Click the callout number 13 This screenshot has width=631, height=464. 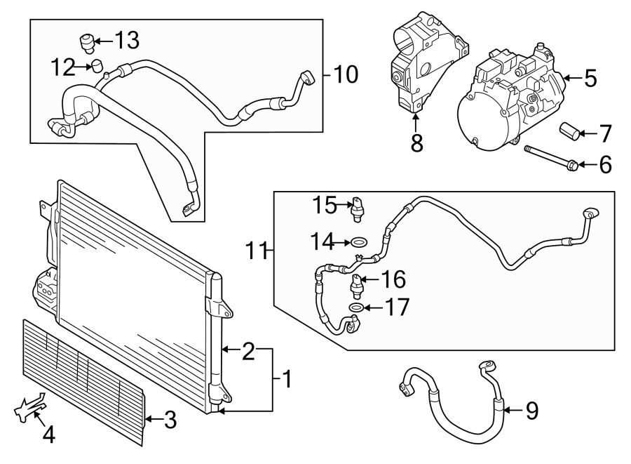(x=127, y=40)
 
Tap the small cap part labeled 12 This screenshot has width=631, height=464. (x=97, y=65)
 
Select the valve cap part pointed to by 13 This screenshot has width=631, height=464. (x=87, y=43)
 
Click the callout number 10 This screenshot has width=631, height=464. (x=346, y=74)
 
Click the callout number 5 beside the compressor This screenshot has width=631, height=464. (x=590, y=78)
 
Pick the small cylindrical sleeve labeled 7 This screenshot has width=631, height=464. (x=569, y=132)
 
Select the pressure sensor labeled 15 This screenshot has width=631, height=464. (x=356, y=209)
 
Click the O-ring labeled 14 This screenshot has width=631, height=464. (x=359, y=242)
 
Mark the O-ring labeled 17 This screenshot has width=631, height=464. (x=356, y=307)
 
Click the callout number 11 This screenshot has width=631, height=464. (x=257, y=251)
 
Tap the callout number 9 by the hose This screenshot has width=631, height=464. (x=532, y=411)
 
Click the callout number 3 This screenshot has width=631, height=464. (x=170, y=420)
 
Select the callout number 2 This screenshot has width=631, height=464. (x=248, y=351)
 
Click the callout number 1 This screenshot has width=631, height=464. (x=287, y=380)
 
